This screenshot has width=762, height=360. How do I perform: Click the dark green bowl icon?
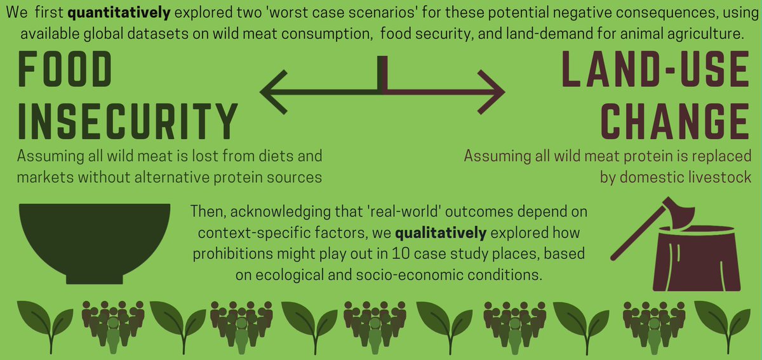tap(95, 241)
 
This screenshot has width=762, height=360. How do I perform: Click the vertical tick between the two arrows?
tap(382, 74)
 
